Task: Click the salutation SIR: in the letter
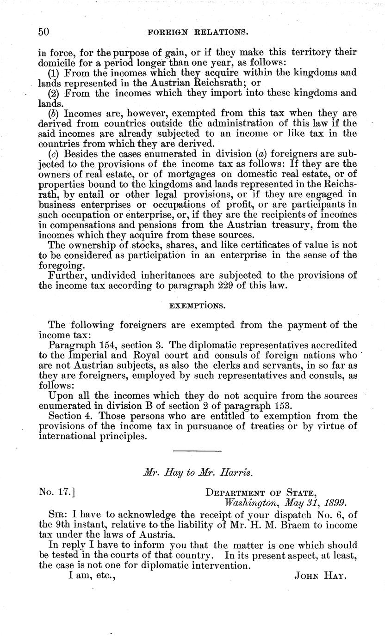[x=57, y=515]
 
